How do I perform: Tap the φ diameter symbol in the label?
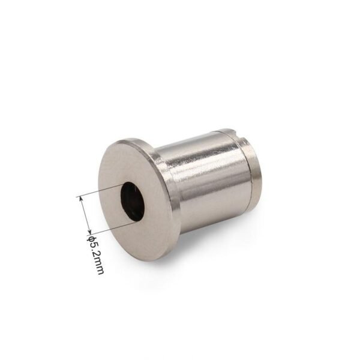[x=91, y=238]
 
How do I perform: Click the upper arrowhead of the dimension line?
[x=81, y=199]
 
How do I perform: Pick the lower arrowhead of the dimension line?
[x=89, y=232]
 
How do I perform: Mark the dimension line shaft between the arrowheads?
[x=85, y=215]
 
